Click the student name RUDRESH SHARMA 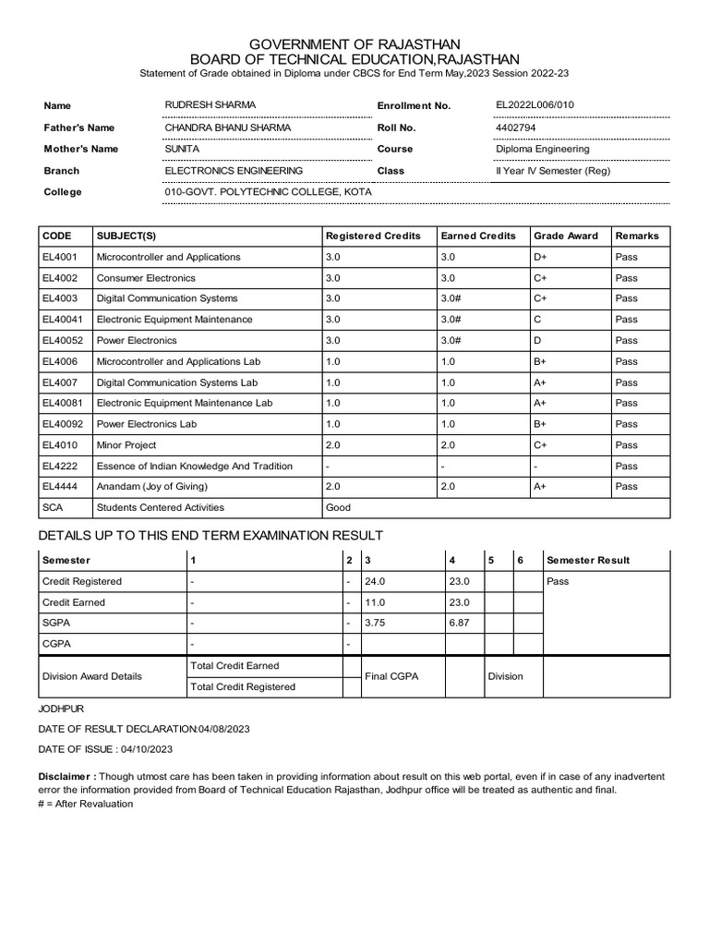pos(210,105)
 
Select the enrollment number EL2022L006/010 pos(535,105)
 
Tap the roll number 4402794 pos(515,127)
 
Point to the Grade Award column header pos(565,236)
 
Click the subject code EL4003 pos(60,298)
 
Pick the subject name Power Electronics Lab pos(146,424)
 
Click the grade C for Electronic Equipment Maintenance pos(537,320)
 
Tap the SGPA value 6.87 pos(459,623)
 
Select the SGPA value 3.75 pos(375,623)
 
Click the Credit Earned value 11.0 pos(375,602)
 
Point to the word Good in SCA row pos(338,507)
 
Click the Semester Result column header pos(588,561)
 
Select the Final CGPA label pos(391,676)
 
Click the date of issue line pos(106,749)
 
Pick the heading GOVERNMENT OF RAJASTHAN pos(354,44)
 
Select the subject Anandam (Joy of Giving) pos(152,487)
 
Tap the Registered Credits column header pos(373,236)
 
